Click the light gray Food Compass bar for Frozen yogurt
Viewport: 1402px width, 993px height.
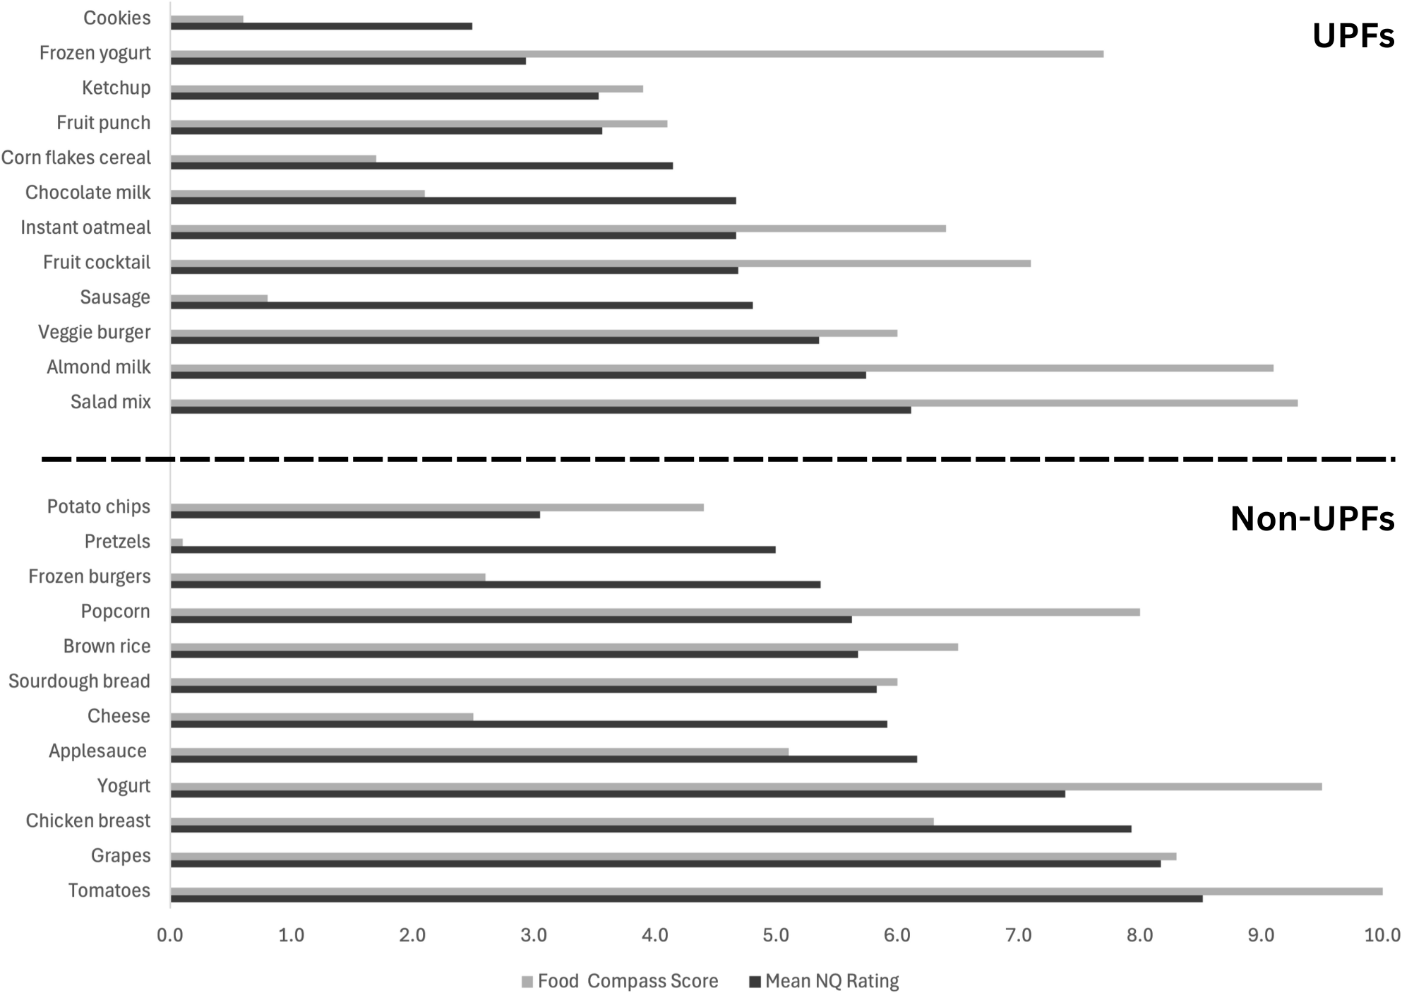[635, 54]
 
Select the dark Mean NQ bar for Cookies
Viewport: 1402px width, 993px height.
[321, 26]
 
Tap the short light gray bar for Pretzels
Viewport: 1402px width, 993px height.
[176, 542]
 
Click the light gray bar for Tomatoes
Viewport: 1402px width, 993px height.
[776, 891]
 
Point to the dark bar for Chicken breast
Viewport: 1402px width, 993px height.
[650, 828]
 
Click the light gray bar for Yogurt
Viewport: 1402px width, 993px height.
[745, 787]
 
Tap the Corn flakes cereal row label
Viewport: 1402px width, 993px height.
[76, 157]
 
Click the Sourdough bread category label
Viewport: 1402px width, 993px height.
[79, 682]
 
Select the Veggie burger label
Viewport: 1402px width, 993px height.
[95, 333]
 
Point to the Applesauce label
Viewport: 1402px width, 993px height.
[97, 751]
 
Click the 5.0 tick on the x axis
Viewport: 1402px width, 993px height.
[776, 936]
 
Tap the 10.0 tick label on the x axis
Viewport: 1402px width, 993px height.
[1382, 936]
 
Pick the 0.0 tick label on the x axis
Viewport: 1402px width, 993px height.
[170, 936]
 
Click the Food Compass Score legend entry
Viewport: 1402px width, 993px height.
[620, 981]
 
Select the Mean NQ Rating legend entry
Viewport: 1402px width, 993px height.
[825, 981]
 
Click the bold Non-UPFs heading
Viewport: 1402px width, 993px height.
[1312, 519]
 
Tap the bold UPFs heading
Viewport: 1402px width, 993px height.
[1353, 37]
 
